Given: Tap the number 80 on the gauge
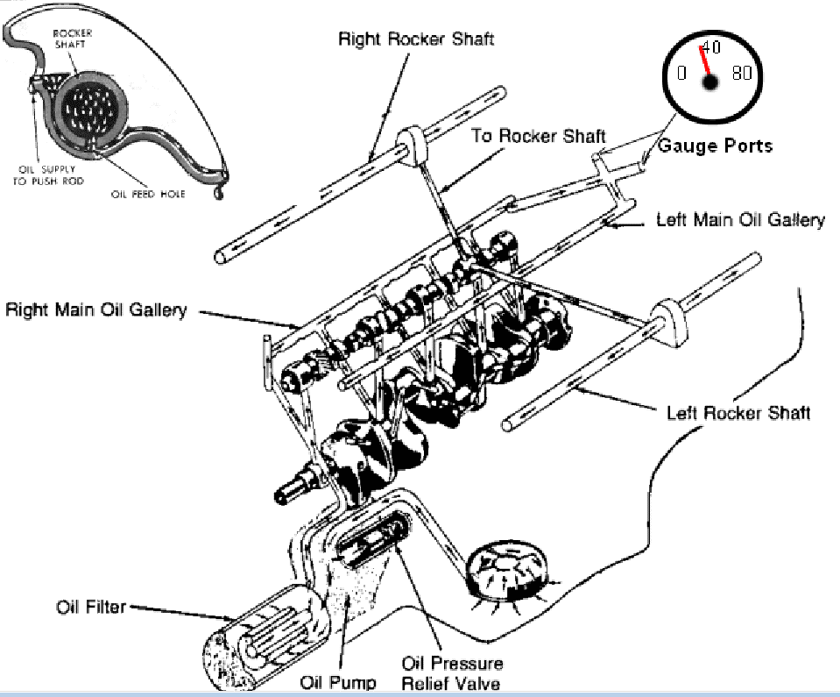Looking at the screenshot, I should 742,74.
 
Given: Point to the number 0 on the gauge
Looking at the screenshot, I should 681,74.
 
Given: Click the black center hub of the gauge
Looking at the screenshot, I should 709,82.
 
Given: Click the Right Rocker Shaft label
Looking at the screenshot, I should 416,39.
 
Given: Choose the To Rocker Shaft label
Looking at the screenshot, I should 539,136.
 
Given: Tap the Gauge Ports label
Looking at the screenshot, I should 715,146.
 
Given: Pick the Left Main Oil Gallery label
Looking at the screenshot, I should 740,219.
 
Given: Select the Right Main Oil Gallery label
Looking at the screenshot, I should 95,310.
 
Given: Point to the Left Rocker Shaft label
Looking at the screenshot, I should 738,412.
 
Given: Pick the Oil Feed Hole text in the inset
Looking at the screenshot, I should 148,194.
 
